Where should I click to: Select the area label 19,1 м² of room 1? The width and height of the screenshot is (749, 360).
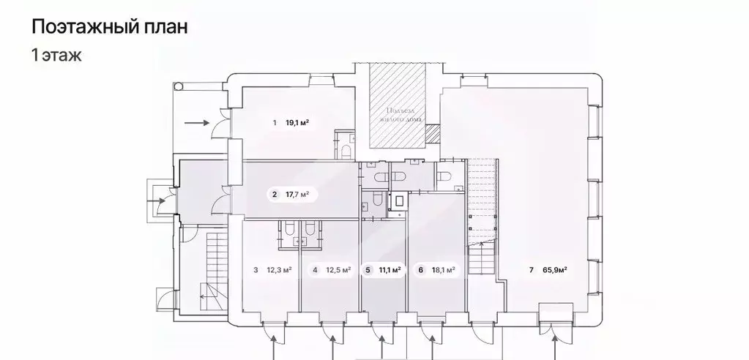[297, 123]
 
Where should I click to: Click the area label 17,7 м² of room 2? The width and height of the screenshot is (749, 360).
[297, 195]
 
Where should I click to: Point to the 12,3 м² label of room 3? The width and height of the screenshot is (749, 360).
[279, 270]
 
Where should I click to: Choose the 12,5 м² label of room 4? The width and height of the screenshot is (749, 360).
[338, 270]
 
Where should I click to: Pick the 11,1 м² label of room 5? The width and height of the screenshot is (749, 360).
[389, 270]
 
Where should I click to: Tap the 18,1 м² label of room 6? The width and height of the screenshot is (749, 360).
[443, 270]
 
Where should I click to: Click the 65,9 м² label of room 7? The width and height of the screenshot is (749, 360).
[556, 270]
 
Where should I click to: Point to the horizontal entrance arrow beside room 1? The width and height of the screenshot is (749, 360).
[196, 124]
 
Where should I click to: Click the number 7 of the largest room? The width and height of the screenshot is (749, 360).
[530, 270]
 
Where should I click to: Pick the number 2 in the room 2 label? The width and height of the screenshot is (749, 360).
[274, 195]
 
